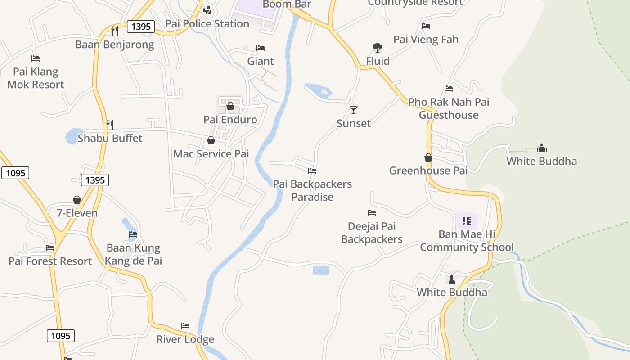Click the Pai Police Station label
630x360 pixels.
(207, 24)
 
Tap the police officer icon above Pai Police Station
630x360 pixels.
(207, 9)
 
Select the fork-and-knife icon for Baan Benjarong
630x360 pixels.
(115, 31)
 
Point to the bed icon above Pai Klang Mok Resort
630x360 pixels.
(36, 58)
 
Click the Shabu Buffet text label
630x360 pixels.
(110, 138)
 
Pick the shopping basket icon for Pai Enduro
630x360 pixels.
(230, 106)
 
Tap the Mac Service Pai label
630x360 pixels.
(211, 154)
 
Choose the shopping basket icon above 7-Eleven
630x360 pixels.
(77, 199)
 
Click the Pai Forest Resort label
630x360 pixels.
(50, 261)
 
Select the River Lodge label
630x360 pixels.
(185, 339)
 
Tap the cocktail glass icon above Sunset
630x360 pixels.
(354, 110)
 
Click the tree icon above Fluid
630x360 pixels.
(378, 47)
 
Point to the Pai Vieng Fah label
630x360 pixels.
(426, 40)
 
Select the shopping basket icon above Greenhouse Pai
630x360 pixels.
(428, 157)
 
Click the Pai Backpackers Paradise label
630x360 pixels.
(312, 190)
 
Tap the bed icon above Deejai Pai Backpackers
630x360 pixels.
(372, 213)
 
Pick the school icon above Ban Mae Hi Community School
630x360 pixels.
(467, 220)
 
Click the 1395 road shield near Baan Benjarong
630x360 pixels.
(141, 27)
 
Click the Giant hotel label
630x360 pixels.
(261, 61)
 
